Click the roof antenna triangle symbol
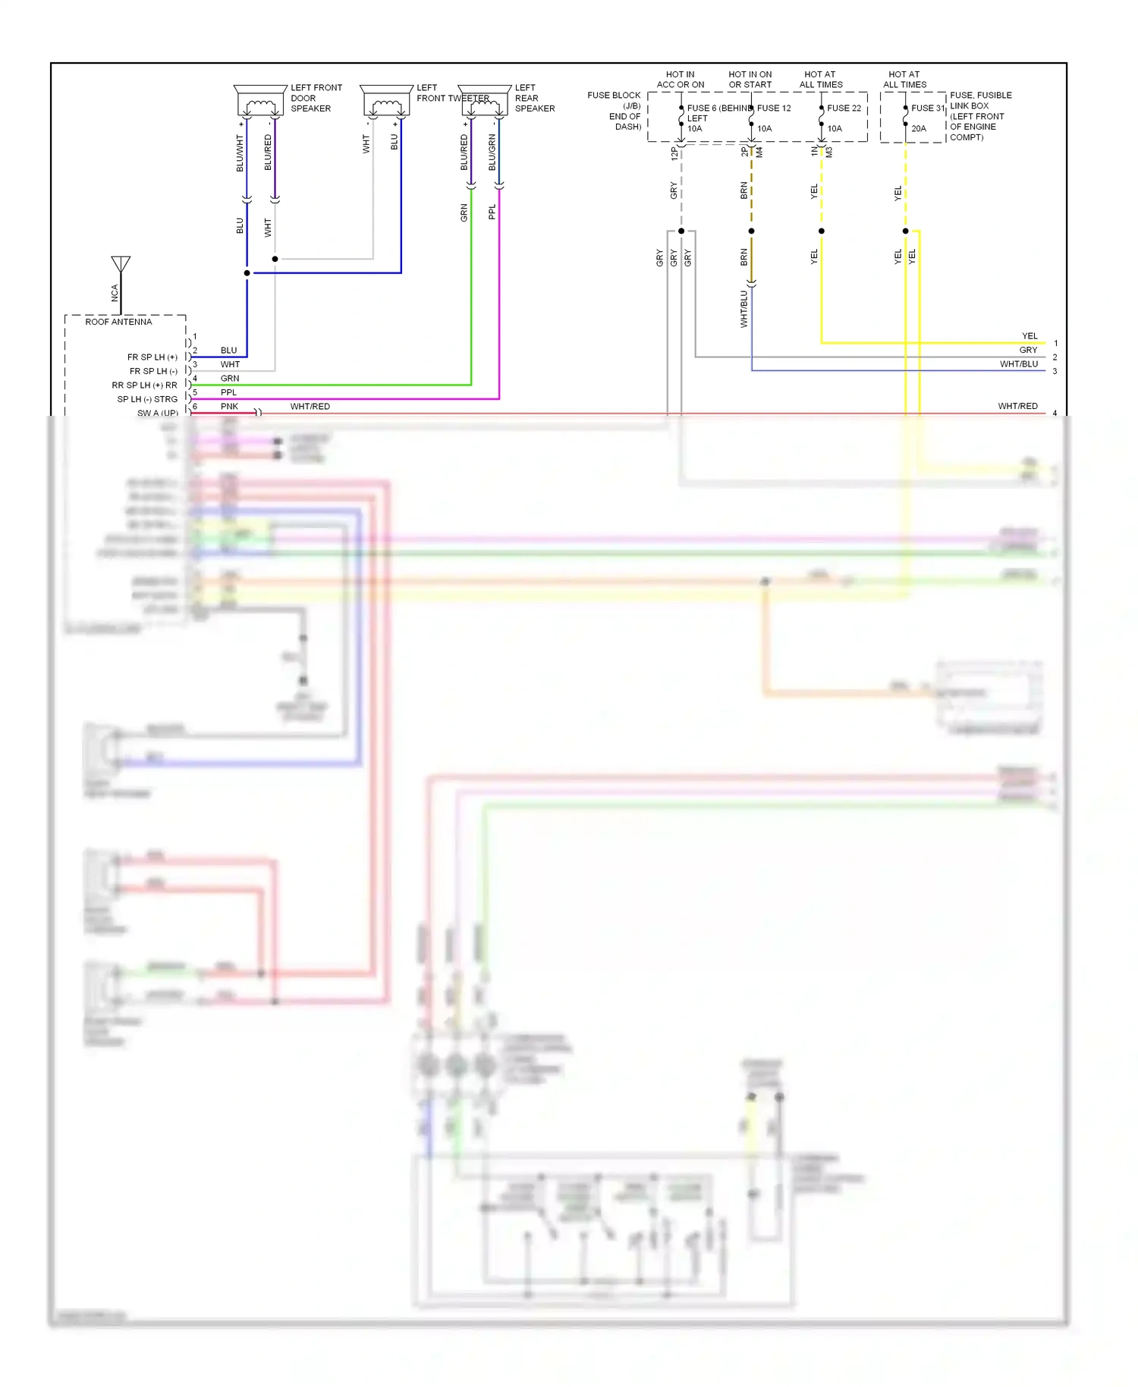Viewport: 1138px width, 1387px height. pos(121,264)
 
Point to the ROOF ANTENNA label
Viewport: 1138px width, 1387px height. pos(118,322)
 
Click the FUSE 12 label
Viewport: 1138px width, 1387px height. pos(774,109)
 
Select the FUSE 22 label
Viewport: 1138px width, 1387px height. pos(844,109)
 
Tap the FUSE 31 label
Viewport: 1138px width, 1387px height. pos(928,109)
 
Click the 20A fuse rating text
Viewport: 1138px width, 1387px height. pos(918,129)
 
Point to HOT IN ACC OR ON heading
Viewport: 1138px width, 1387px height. pos(681,80)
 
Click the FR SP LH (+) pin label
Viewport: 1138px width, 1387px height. pos(152,357)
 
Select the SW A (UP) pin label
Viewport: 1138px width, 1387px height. pos(157,413)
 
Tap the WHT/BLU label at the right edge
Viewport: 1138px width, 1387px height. pos(1018,364)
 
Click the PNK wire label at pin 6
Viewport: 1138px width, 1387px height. pos(229,407)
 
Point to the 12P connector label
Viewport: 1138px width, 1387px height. pos(674,153)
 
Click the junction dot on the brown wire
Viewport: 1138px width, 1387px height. pos(751,231)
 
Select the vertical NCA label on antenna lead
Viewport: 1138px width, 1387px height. pos(115,293)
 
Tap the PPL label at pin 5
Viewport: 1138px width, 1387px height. pos(228,392)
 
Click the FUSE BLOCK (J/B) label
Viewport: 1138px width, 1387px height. pos(615,100)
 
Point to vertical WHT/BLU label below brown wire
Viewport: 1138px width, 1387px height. pos(743,309)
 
